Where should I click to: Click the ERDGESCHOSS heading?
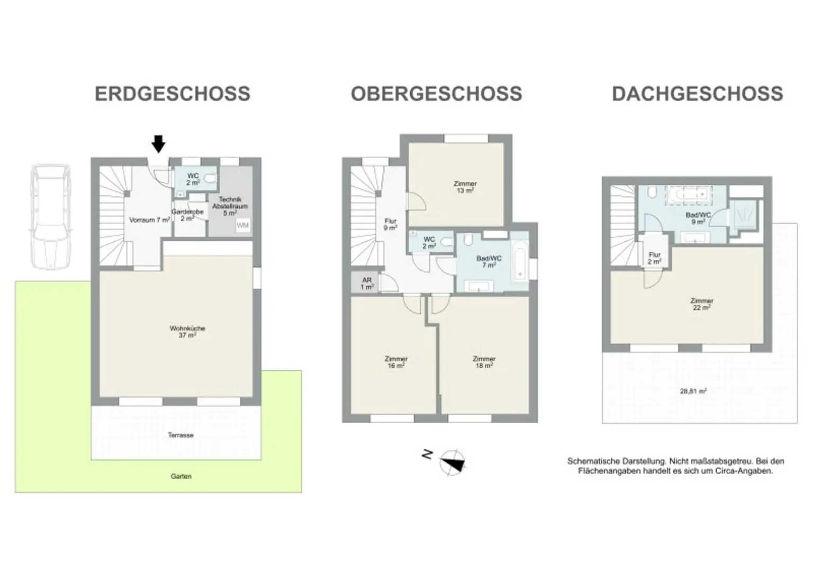[173, 94]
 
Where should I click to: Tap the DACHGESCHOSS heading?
[698, 94]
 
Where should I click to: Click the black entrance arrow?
[158, 144]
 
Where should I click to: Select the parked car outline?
[50, 216]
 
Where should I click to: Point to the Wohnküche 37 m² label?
[187, 332]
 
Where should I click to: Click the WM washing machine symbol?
[243, 225]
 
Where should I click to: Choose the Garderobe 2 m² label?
[187, 215]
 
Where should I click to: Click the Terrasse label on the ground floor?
[180, 435]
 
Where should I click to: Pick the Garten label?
[181, 476]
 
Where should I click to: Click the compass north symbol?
[452, 462]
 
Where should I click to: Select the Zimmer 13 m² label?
[465, 187]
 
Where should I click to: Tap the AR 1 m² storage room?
[365, 282]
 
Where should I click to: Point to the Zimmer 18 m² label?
[484, 362]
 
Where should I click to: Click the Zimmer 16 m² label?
[396, 362]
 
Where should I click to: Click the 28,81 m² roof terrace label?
[693, 391]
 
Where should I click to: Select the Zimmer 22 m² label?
[702, 304]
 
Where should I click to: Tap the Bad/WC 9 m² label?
[698, 218]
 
